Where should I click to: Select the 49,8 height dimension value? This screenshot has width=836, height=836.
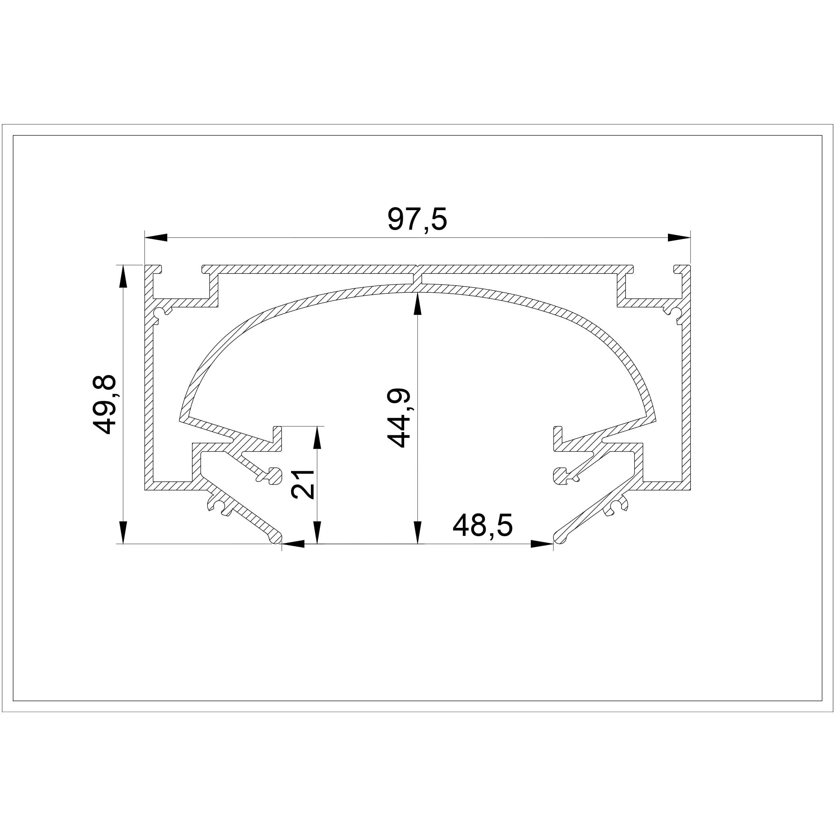click(104, 404)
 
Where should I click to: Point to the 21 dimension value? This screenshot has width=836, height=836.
click(303, 484)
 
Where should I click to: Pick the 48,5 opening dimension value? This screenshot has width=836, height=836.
click(482, 525)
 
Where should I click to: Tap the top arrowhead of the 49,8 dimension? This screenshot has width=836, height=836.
click(123, 276)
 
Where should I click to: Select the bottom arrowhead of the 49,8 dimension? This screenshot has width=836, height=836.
click(123, 532)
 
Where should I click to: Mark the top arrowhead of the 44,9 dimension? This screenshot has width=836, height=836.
click(418, 304)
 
